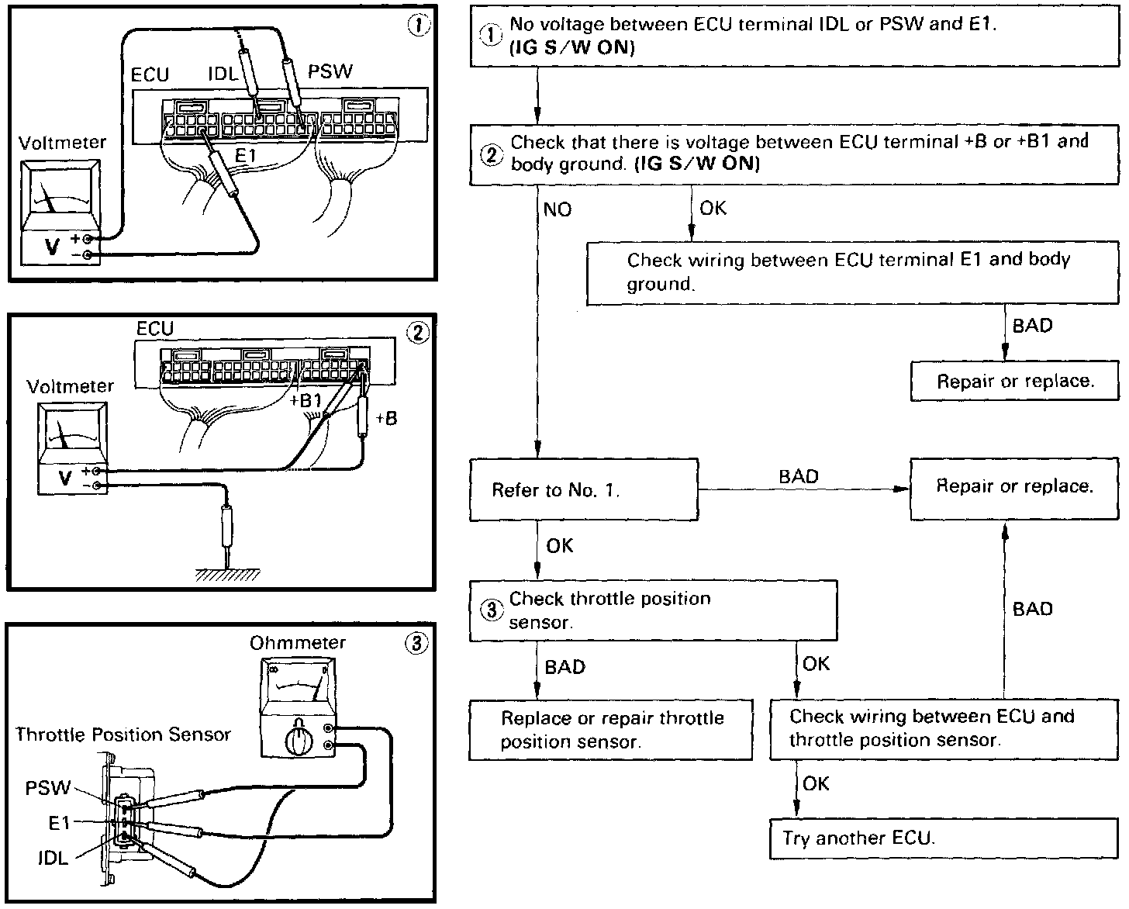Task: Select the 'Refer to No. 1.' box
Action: pyautogui.click(x=583, y=489)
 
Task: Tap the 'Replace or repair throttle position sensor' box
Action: pyautogui.click(x=610, y=730)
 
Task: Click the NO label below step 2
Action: pyautogui.click(x=557, y=209)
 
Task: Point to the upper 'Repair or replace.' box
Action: pyautogui.click(x=1014, y=381)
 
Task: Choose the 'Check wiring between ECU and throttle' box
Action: pyautogui.click(x=944, y=728)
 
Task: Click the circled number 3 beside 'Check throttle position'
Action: pyautogui.click(x=492, y=610)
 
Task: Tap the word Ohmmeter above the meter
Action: pyautogui.click(x=297, y=643)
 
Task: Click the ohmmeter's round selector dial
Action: pyautogui.click(x=296, y=741)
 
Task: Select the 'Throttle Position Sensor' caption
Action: pyautogui.click(x=123, y=734)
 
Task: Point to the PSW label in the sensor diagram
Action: pyautogui.click(x=47, y=789)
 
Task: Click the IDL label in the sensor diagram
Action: pyautogui.click(x=53, y=858)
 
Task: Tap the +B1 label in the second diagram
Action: pyautogui.click(x=305, y=401)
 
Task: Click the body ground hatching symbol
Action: pyautogui.click(x=227, y=575)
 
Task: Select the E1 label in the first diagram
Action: pyautogui.click(x=246, y=157)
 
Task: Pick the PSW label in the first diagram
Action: pyautogui.click(x=330, y=72)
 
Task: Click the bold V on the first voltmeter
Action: pyautogui.click(x=53, y=246)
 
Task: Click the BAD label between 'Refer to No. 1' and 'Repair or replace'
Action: pyautogui.click(x=799, y=476)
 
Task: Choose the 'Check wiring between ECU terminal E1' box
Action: pyautogui.click(x=852, y=271)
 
